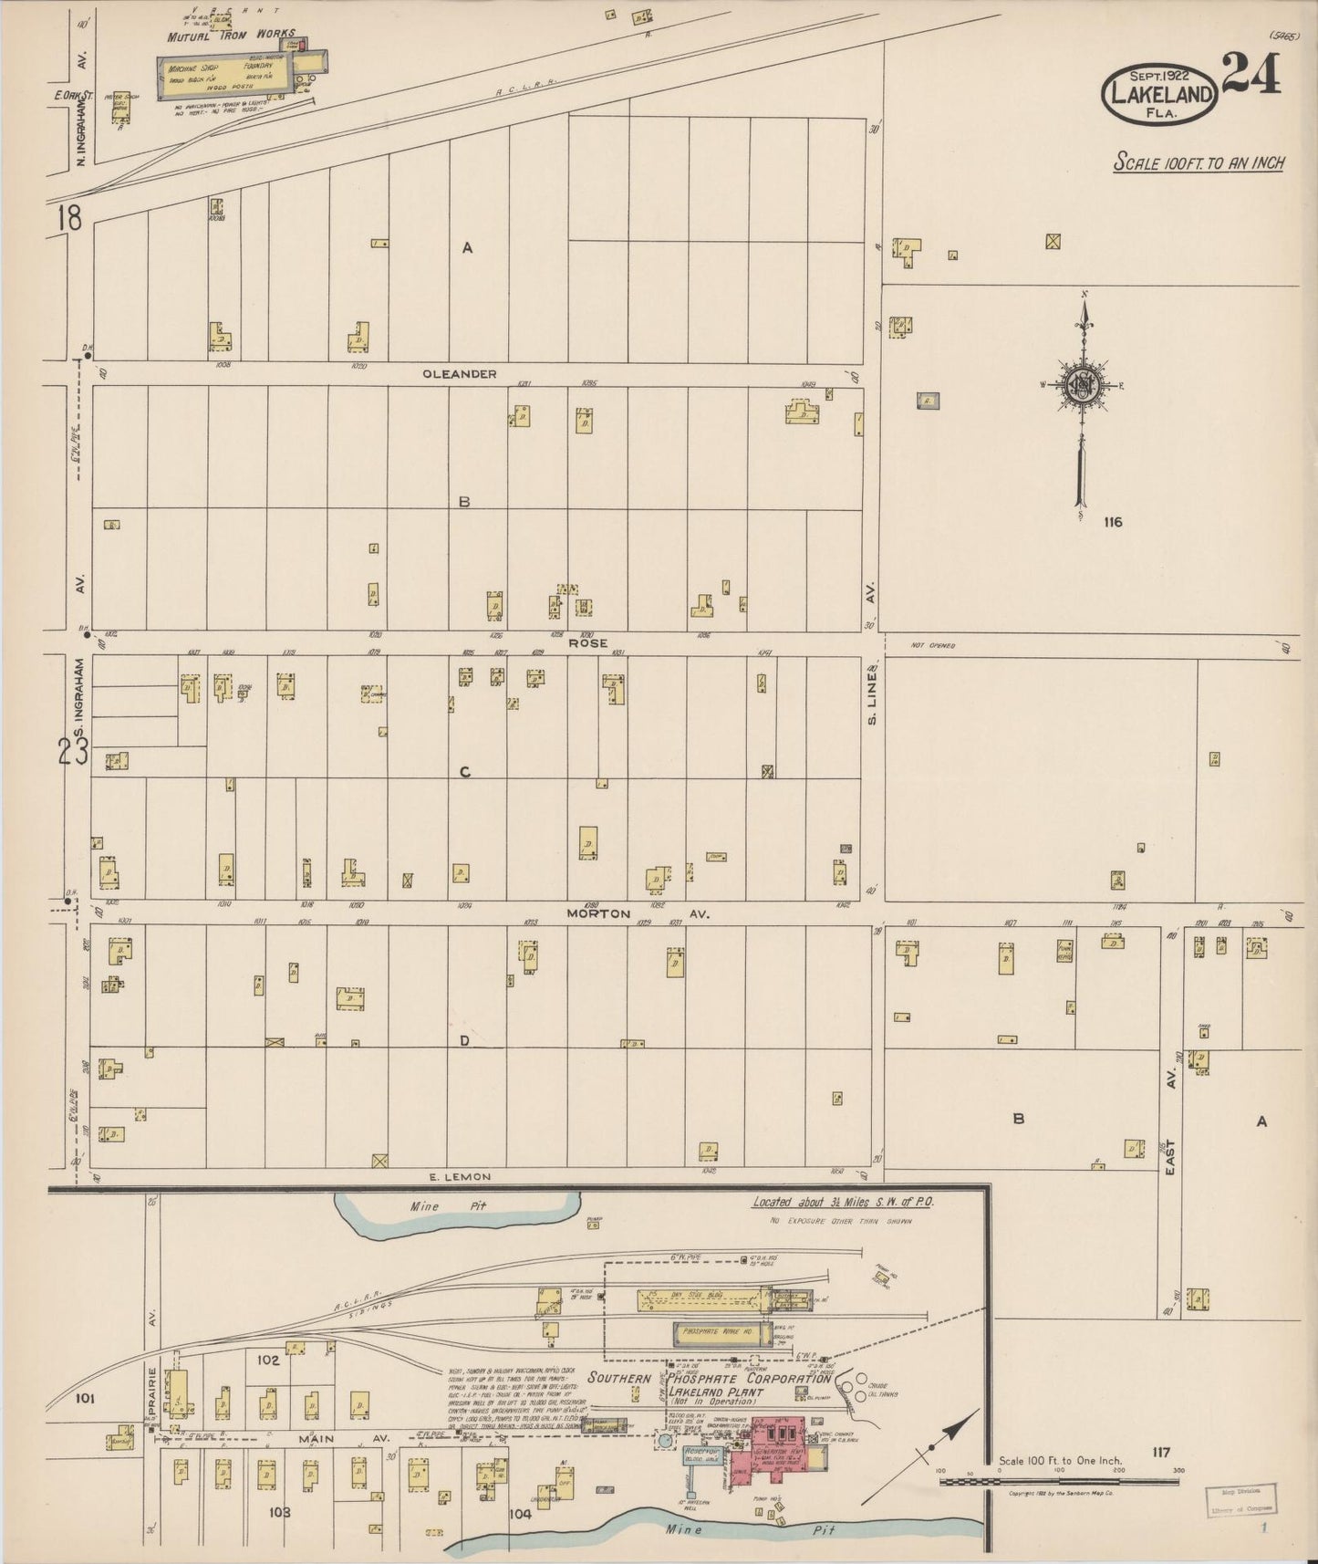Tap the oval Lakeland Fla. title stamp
point(1159,95)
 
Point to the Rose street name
point(587,643)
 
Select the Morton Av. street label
point(637,913)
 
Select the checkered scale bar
point(1058,1481)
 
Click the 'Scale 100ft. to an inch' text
point(1199,163)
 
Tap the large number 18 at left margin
point(68,218)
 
